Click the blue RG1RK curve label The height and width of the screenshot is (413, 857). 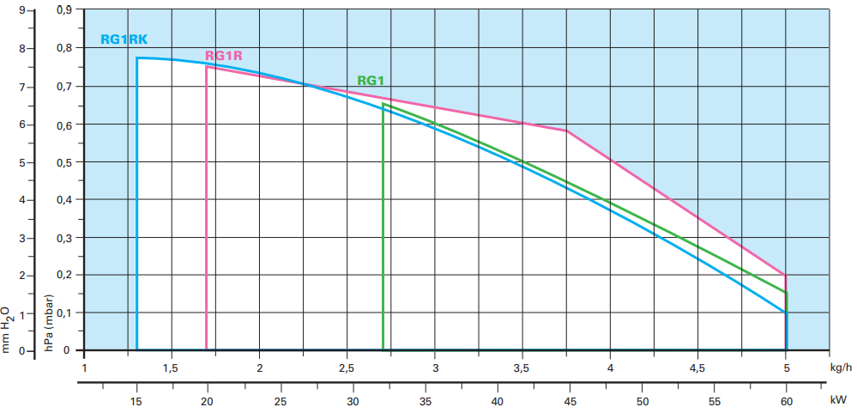(124, 39)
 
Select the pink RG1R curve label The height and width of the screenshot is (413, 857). (224, 57)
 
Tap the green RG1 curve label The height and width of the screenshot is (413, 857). (371, 81)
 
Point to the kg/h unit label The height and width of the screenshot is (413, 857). (842, 367)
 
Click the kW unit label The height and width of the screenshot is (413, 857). (838, 400)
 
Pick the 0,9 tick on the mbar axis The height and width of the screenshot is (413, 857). (63, 11)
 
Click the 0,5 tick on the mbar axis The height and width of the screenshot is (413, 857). (63, 162)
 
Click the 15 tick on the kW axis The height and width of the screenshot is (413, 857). (136, 400)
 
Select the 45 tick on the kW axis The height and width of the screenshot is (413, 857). (570, 400)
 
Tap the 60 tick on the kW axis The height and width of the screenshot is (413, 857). (787, 400)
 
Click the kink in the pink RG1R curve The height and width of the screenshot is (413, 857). (567, 131)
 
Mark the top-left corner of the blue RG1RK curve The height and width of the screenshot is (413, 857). (137, 58)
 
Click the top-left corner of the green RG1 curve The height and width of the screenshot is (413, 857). (383, 104)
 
